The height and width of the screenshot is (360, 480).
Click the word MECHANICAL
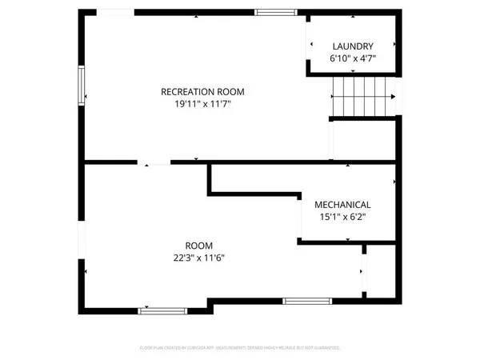click(342, 204)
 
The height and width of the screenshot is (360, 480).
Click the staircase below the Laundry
click(363, 96)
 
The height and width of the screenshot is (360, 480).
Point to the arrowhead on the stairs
click(394, 97)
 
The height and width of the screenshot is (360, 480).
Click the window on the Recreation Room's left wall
click(81, 85)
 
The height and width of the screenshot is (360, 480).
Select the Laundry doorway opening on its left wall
click(308, 45)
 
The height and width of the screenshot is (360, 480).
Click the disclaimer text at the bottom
click(240, 348)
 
